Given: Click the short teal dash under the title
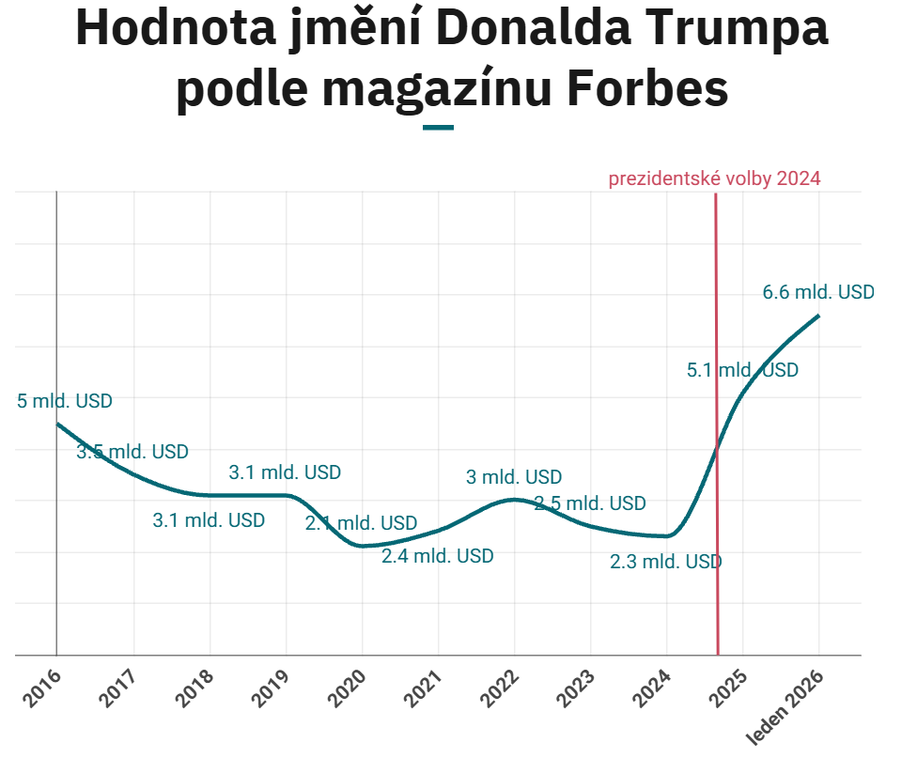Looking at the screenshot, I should coord(439,127).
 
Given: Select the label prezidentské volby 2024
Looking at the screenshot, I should coord(714,178).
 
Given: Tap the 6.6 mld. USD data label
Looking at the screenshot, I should coord(817,292).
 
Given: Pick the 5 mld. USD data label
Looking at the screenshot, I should coord(65,401).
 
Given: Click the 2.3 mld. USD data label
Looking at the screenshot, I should coord(665,563).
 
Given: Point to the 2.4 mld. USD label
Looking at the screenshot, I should coord(437,556).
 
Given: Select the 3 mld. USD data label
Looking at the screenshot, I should coord(514,477).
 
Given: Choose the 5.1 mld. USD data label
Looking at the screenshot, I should coord(742,370).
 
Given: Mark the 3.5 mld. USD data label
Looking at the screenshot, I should coord(132,452).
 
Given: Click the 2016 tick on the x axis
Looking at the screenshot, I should coord(40,688).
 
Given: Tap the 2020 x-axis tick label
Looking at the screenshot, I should coord(346,688).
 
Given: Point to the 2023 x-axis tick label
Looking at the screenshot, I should coord(574,688).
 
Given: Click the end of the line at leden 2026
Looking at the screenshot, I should coord(818,316).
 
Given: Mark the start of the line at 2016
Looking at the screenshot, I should coord(57,424).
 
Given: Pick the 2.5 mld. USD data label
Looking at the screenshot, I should coord(590,503).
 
